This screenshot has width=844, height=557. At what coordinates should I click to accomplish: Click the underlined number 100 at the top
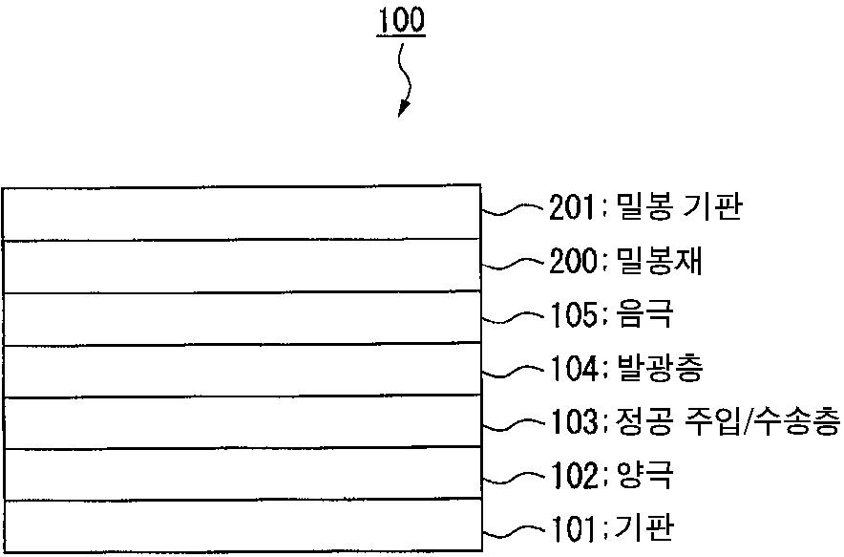coord(401,21)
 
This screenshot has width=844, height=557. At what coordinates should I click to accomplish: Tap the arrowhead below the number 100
coord(403,107)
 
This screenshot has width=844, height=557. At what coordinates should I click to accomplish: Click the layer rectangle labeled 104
coord(242,369)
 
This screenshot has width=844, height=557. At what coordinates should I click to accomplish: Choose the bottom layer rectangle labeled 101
coord(242,525)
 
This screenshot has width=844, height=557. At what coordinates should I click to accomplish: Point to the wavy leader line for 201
coord(514,209)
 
